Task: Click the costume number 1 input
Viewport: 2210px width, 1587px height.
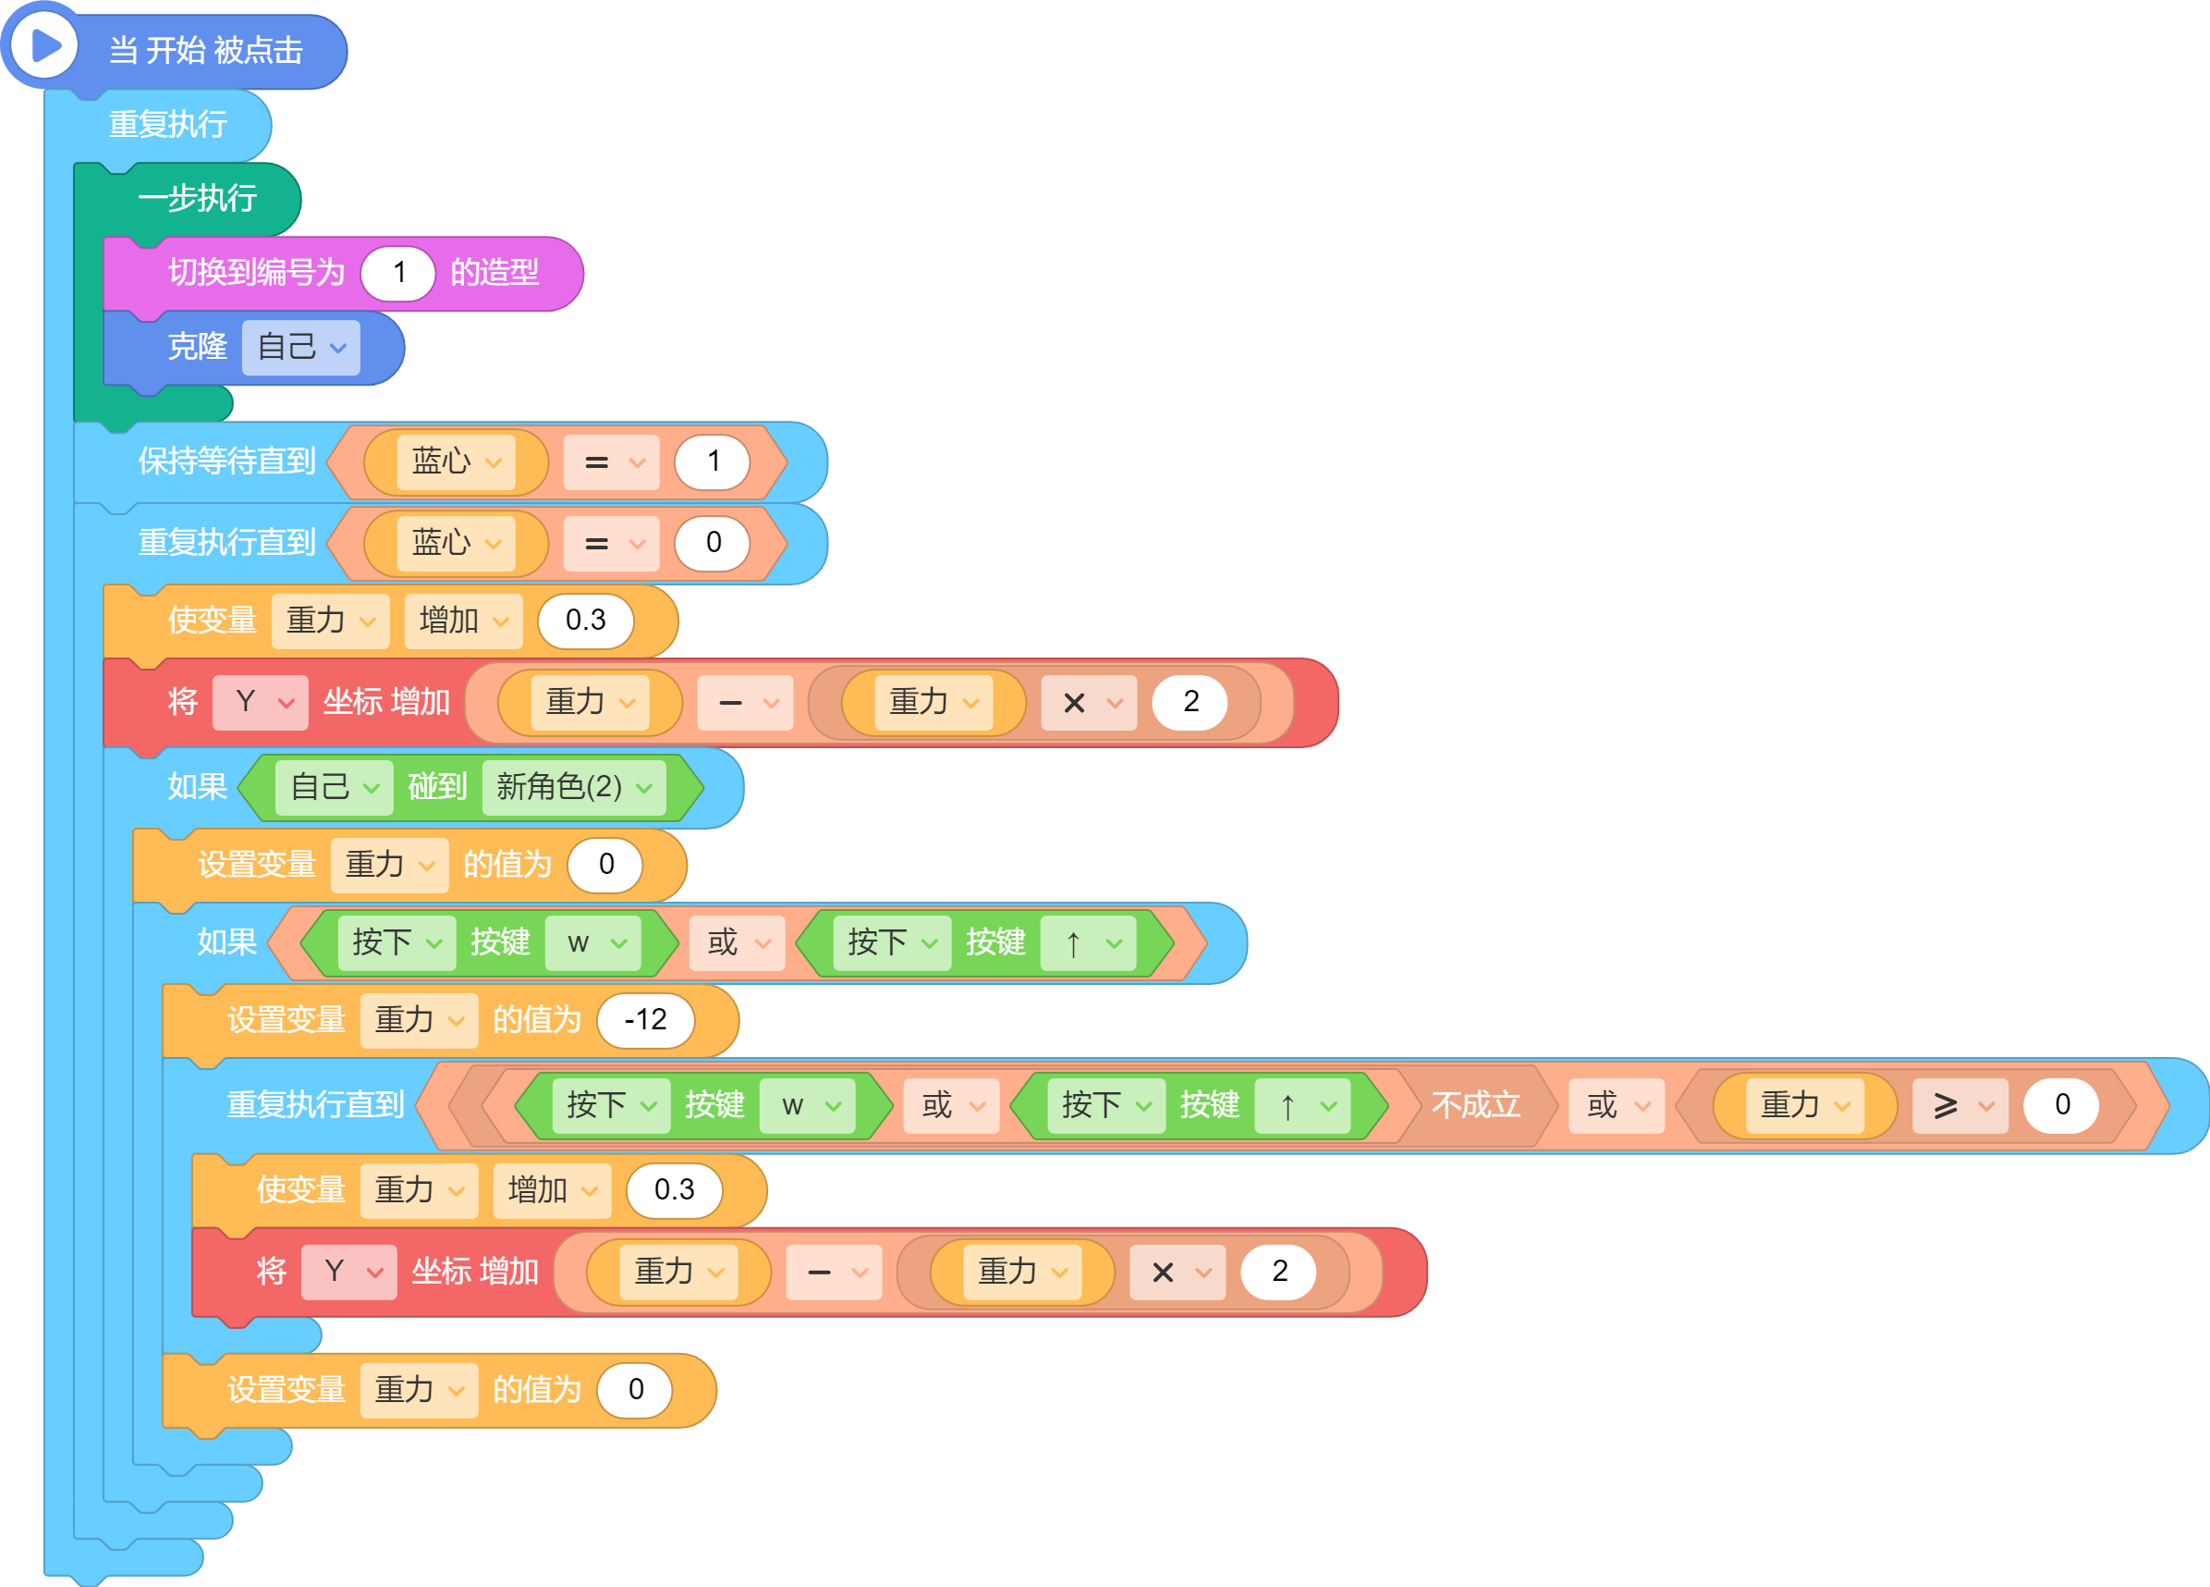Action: pos(397,273)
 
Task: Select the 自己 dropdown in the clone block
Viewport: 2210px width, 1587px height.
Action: pos(301,347)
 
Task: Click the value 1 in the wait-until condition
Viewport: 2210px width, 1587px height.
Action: pos(713,461)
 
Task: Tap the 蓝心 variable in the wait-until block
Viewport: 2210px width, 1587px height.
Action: pos(455,461)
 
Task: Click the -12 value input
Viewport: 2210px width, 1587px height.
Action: pos(645,1020)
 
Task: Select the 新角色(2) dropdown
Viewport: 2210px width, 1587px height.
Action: pos(574,787)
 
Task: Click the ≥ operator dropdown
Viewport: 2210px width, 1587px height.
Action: pos(1960,1105)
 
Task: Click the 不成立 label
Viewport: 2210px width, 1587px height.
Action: pos(1475,1105)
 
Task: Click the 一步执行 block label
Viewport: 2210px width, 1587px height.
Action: pos(198,199)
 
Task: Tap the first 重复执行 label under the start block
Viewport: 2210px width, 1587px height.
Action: pos(167,125)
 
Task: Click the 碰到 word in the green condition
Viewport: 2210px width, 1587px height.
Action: pos(437,787)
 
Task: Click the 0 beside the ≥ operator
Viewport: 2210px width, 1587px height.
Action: pos(2062,1105)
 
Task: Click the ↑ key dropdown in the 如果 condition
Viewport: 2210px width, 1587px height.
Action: pos(1089,942)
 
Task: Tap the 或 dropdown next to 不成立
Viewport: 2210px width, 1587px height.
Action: pos(1617,1105)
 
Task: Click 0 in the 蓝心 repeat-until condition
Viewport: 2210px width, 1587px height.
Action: pos(713,543)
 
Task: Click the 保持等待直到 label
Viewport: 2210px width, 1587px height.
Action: pos(227,461)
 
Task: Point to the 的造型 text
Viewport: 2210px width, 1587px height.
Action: pos(494,273)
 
